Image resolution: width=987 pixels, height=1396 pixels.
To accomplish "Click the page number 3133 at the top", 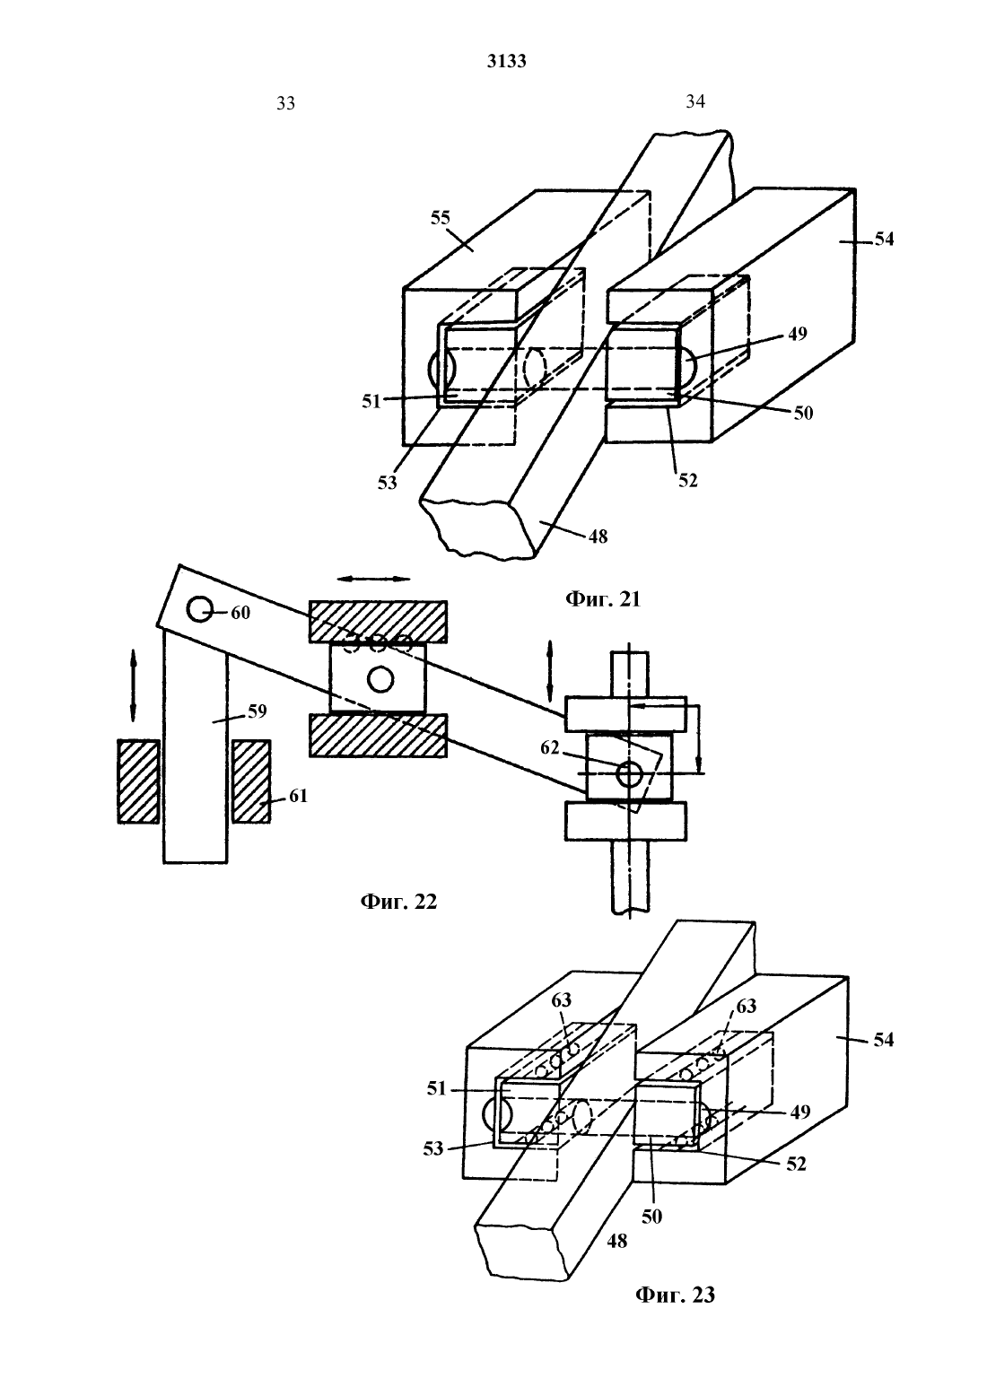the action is pyautogui.click(x=507, y=61).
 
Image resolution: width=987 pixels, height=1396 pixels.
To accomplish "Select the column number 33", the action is pyautogui.click(x=285, y=103).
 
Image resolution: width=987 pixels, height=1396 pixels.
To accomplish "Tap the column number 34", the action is pyautogui.click(x=695, y=101).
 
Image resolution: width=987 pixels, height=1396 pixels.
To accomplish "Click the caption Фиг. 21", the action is pyautogui.click(x=603, y=599).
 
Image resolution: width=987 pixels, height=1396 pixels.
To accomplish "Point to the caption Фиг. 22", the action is pyautogui.click(x=398, y=902).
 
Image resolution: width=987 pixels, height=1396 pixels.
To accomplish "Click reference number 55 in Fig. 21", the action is pyautogui.click(x=440, y=218).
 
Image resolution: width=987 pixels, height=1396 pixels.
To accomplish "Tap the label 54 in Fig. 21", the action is pyautogui.click(x=884, y=239).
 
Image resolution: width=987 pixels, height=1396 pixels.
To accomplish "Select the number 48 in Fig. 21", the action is pyautogui.click(x=598, y=537).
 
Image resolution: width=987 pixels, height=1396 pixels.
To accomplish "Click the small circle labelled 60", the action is pyautogui.click(x=199, y=609).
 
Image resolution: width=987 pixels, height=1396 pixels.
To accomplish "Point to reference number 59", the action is pyautogui.click(x=258, y=711).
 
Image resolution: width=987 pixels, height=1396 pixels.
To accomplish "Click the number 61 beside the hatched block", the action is pyautogui.click(x=299, y=796).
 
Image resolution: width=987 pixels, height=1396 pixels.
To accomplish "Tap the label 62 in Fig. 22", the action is pyautogui.click(x=549, y=747).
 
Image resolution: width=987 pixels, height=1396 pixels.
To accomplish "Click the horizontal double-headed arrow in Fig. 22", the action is pyautogui.click(x=374, y=579).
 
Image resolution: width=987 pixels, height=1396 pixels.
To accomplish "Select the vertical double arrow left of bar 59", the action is pyautogui.click(x=133, y=685).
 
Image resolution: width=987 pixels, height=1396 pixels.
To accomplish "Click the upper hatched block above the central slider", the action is pyautogui.click(x=379, y=622).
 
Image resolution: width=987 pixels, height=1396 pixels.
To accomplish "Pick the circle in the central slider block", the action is pyautogui.click(x=380, y=678).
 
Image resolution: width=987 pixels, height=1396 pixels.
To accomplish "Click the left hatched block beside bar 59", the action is pyautogui.click(x=138, y=781).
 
